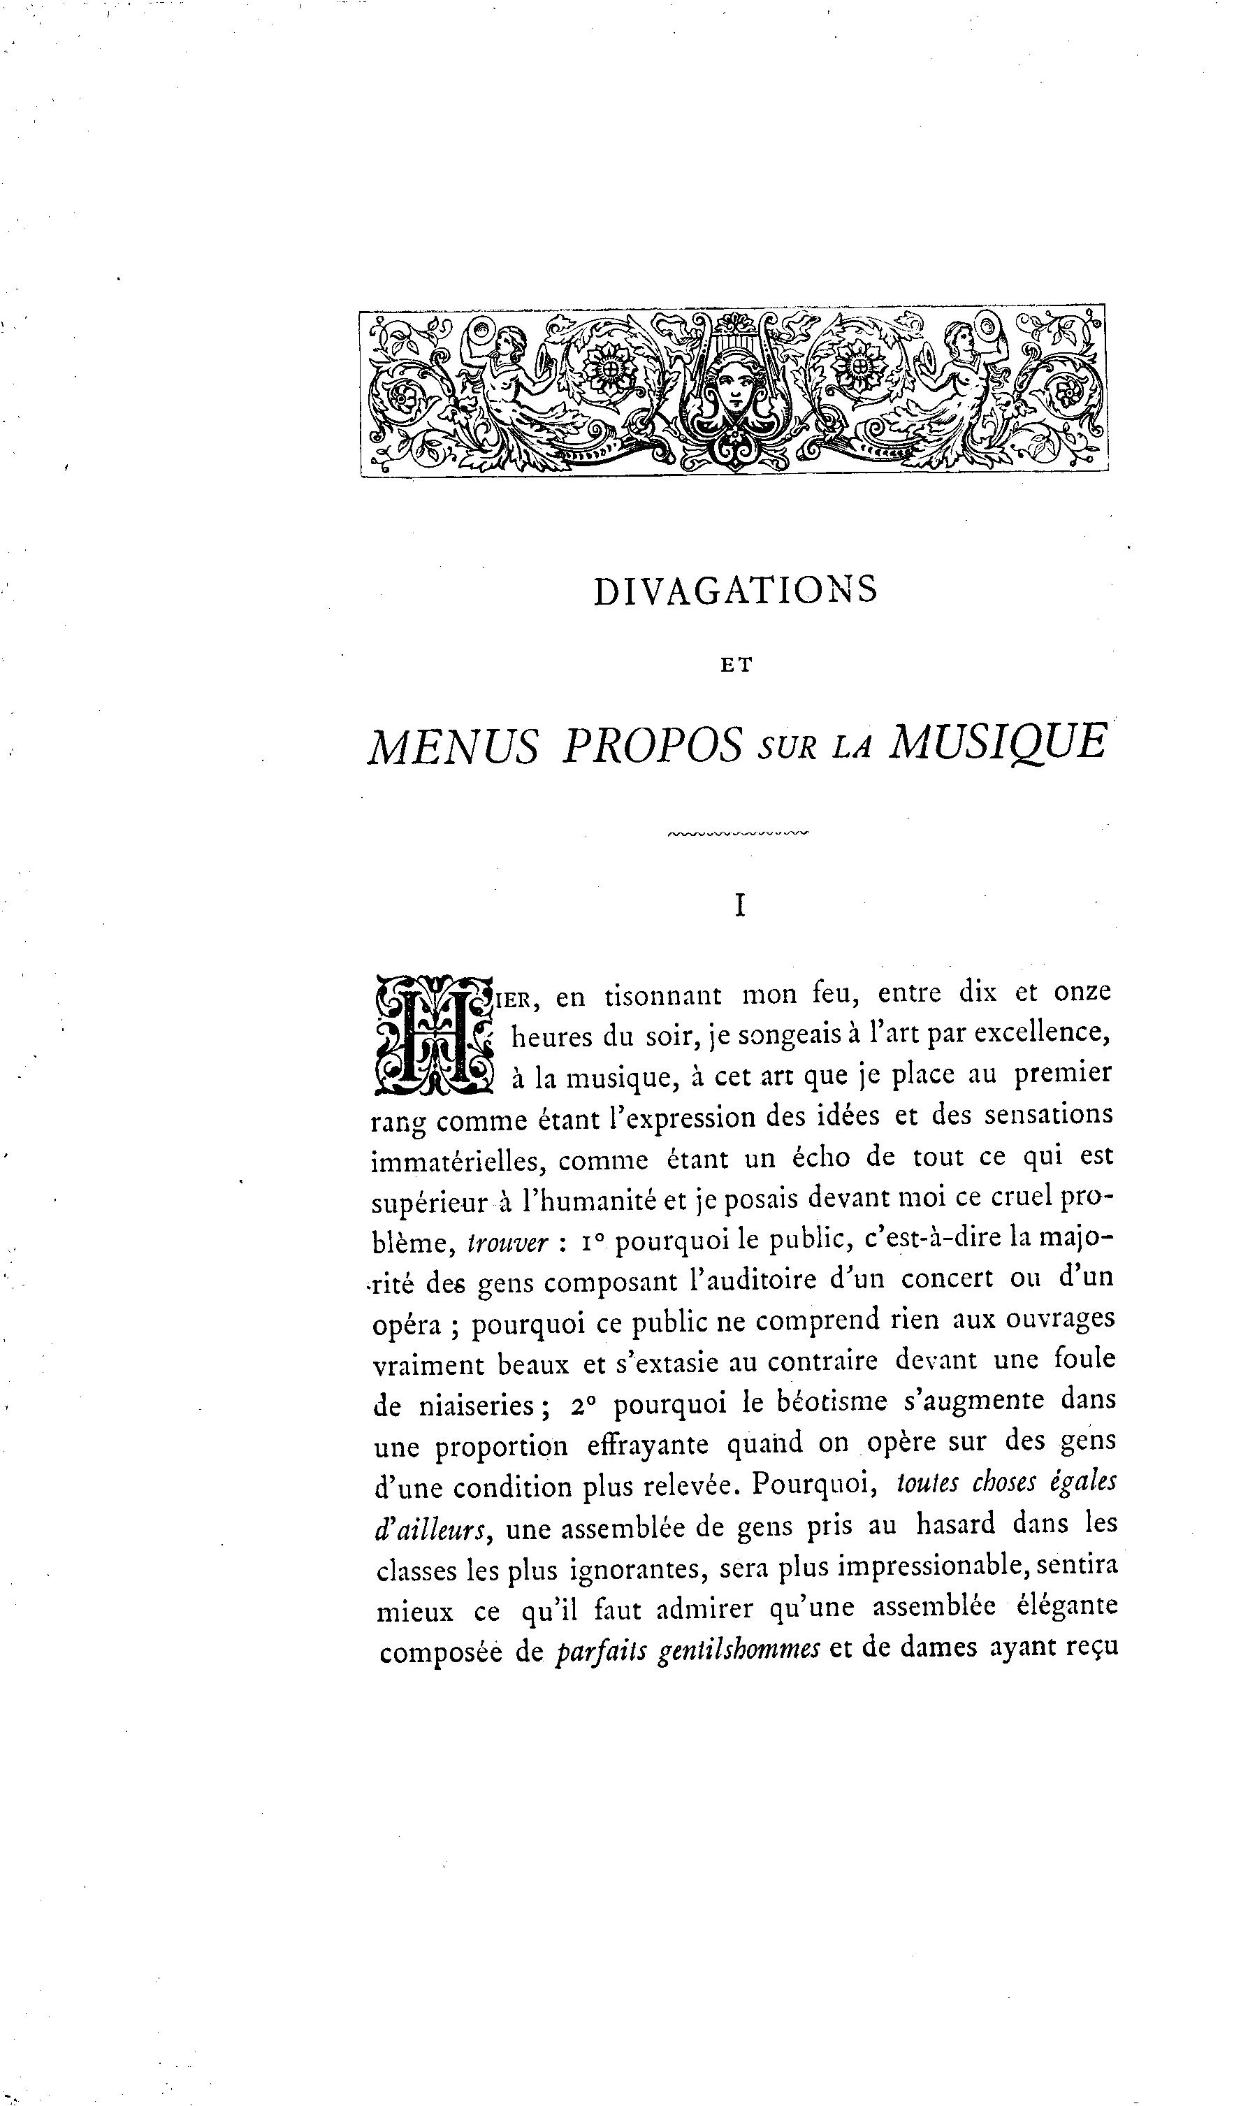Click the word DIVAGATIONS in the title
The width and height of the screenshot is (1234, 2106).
(735, 590)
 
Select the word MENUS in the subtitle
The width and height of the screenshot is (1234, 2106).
(453, 747)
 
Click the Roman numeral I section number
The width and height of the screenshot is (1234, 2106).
(739, 907)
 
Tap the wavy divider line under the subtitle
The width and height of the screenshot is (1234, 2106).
(739, 832)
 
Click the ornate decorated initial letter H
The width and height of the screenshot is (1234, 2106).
(433, 1034)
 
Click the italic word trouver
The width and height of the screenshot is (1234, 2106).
(507, 1243)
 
